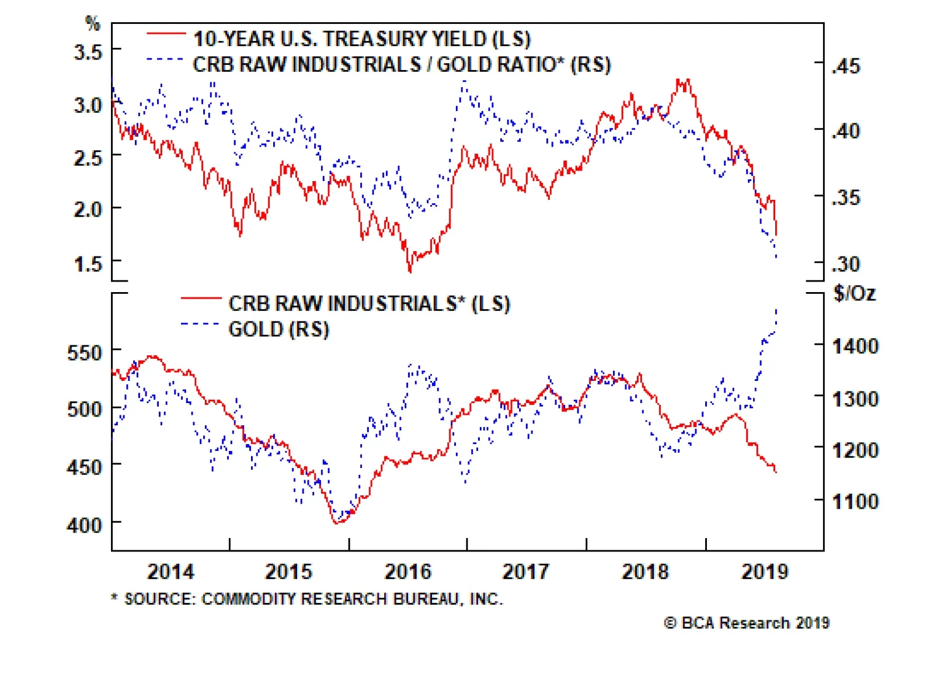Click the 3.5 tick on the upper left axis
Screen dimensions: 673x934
coord(88,52)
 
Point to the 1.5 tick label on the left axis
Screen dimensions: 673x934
coord(88,263)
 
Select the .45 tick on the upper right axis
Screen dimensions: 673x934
coord(846,66)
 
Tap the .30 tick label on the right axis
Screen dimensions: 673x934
coord(846,264)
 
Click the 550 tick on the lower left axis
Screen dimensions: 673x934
coord(84,353)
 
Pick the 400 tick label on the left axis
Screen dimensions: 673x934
coord(84,525)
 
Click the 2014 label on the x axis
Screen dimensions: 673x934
coord(170,571)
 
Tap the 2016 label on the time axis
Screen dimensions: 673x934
coord(407,571)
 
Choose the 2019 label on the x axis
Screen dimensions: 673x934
coord(764,571)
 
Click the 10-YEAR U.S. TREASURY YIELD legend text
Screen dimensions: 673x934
coord(362,39)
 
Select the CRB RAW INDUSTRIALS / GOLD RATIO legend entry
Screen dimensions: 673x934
coord(402,64)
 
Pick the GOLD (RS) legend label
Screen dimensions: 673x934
coord(279,329)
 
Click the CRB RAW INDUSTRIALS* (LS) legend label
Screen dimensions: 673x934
coord(369,303)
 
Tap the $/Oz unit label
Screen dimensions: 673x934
coord(855,293)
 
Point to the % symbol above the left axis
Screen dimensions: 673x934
coord(92,23)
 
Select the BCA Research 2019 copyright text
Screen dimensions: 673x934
coord(747,623)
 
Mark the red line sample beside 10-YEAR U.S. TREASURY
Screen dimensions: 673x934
coord(166,34)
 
